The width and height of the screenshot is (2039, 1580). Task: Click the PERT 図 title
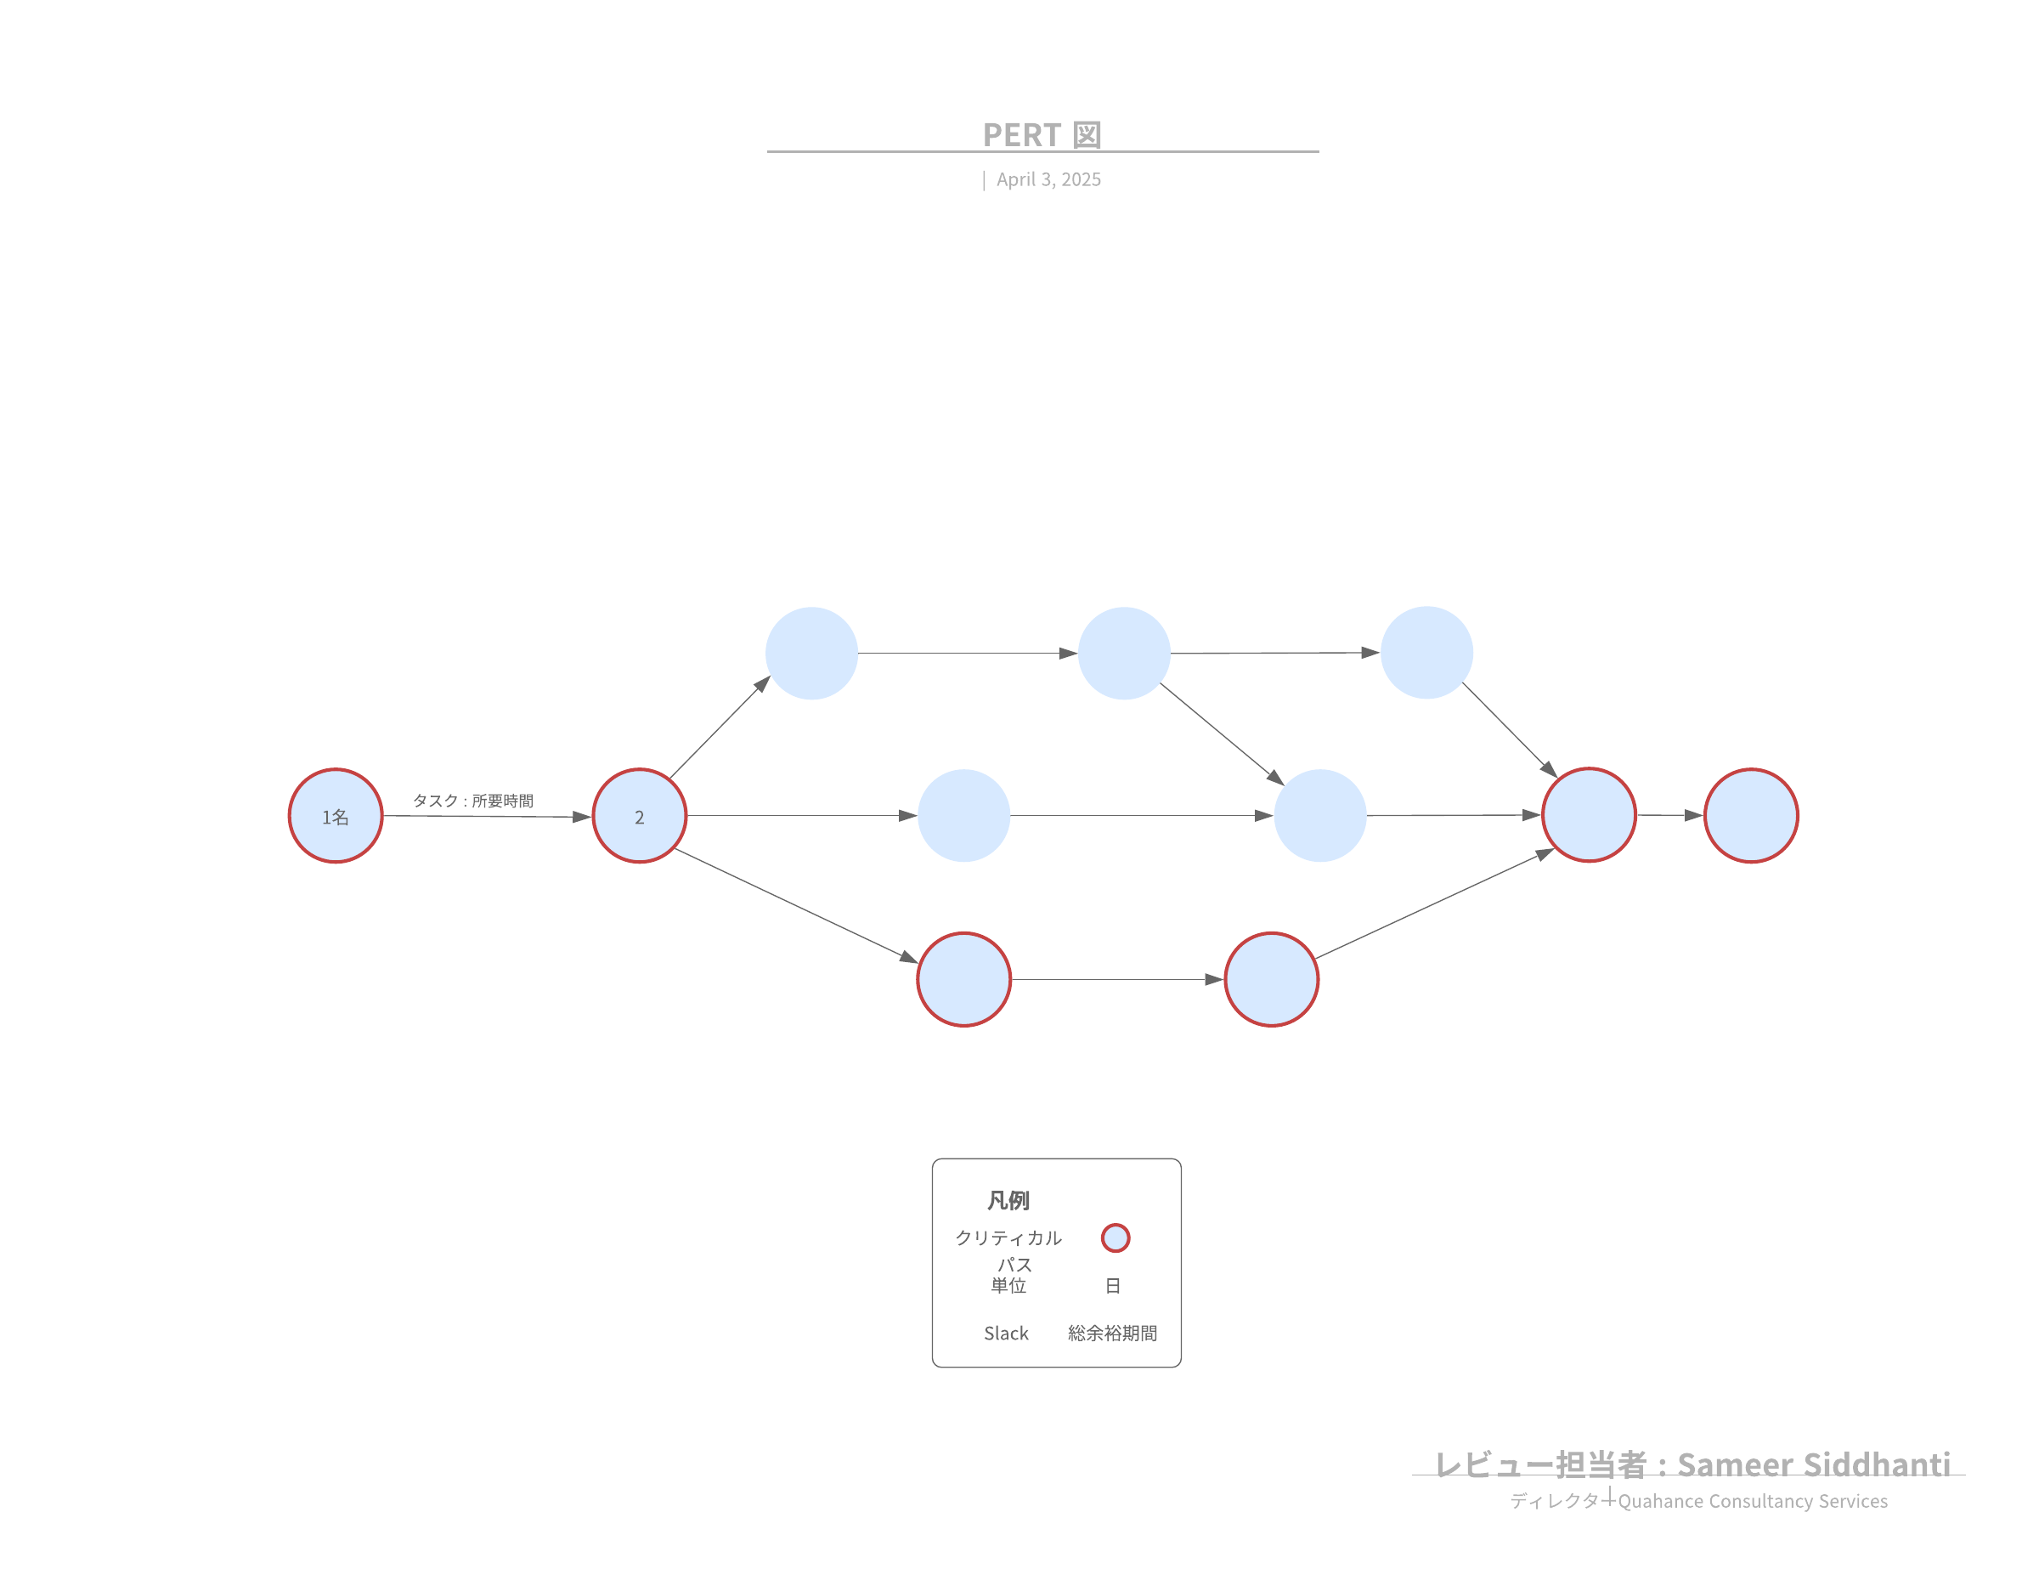coord(1042,135)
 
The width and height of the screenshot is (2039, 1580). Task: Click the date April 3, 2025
coord(1048,179)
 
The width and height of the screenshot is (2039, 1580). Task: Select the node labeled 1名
coord(336,816)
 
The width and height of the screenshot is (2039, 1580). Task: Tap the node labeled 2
coord(640,816)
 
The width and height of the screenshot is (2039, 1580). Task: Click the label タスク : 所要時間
coord(473,801)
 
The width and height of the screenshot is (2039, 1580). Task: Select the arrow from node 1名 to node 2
coord(488,816)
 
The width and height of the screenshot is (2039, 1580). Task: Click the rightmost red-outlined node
coord(1752,816)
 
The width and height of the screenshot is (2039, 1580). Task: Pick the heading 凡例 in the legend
coord(1008,1200)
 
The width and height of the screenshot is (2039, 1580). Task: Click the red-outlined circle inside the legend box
coord(1116,1238)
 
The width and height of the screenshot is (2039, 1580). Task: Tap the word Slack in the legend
coord(1007,1334)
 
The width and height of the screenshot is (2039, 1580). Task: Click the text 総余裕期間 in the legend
coord(1113,1334)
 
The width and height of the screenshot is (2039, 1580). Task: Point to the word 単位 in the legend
coord(1008,1286)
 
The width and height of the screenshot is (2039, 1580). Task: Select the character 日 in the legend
coord(1113,1286)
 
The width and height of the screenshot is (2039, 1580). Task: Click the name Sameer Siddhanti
coord(1814,1465)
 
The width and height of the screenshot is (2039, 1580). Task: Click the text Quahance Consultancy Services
coord(1754,1502)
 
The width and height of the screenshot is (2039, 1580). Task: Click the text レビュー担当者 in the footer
coord(1541,1465)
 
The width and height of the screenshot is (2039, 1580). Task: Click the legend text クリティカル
coord(1008,1238)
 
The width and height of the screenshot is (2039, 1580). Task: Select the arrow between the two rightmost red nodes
coord(1670,815)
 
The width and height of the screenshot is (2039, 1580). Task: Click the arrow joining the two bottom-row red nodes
coord(1117,980)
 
